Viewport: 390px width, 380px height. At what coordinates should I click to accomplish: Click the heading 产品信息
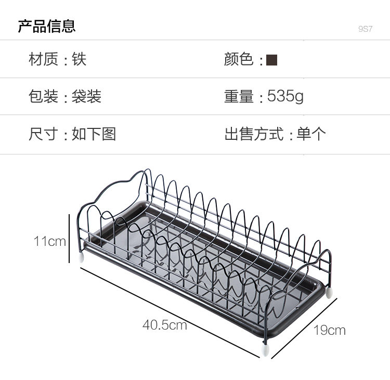click(x=47, y=25)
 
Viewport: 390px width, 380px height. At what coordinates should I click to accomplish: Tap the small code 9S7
click(x=365, y=29)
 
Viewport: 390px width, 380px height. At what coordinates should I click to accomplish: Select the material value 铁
click(x=79, y=59)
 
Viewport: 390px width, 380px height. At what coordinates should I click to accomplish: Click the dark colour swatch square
click(x=271, y=60)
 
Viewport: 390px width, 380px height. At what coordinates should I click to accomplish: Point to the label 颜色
click(x=239, y=59)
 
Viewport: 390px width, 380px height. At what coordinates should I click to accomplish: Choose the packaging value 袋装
click(x=86, y=96)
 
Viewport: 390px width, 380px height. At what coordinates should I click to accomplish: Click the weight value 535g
click(x=285, y=96)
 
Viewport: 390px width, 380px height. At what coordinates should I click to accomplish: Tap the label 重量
click(x=239, y=96)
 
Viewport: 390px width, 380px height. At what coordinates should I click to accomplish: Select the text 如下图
click(x=94, y=134)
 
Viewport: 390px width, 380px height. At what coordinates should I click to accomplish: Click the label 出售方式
click(x=254, y=134)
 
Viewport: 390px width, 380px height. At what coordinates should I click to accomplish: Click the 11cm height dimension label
click(x=49, y=241)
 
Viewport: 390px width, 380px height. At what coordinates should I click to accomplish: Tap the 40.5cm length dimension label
click(x=164, y=325)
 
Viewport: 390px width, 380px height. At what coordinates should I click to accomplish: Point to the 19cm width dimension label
click(x=329, y=330)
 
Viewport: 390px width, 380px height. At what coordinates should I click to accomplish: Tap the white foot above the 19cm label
click(x=329, y=292)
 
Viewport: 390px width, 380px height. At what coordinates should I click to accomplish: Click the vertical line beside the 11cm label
click(x=69, y=239)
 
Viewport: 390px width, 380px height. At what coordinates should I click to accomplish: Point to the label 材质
click(x=43, y=59)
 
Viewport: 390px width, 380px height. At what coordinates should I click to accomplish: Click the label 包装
click(x=43, y=96)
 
